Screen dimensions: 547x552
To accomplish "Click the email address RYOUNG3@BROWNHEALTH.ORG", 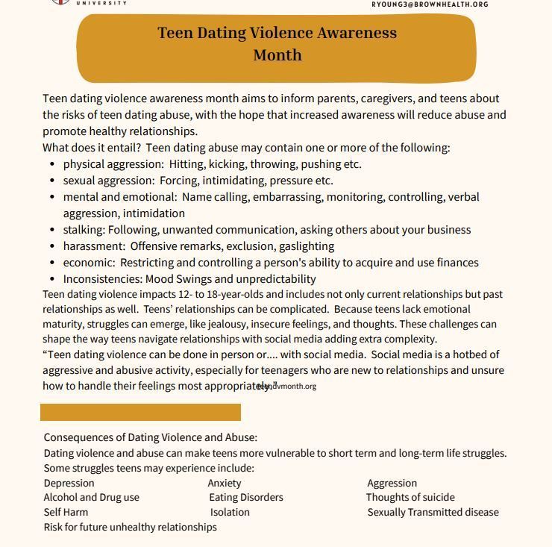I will [x=430, y=4].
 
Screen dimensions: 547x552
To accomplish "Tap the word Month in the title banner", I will [x=277, y=55].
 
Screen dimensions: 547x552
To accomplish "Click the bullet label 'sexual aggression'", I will [x=107, y=181].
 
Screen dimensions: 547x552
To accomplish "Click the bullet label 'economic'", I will [x=89, y=263].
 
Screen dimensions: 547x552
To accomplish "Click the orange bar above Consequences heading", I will [x=140, y=412].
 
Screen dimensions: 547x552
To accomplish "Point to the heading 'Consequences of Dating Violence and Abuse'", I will [x=150, y=437].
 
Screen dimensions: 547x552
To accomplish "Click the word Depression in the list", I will [x=69, y=483].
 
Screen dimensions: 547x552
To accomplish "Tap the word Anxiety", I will [x=224, y=483].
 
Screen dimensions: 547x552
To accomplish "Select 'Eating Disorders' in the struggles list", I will [x=245, y=497].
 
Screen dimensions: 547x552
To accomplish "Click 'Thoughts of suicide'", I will [x=410, y=497].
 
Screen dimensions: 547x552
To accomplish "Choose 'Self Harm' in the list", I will [x=66, y=512].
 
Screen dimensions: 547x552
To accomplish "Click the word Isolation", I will [x=230, y=512].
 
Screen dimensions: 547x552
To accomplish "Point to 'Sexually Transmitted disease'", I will [x=433, y=512].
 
